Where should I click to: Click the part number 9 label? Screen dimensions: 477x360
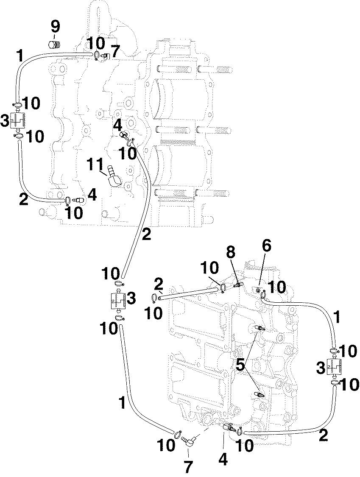[56, 27]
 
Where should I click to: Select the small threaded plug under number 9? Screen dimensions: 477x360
[54, 44]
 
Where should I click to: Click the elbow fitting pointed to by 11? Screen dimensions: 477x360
[114, 177]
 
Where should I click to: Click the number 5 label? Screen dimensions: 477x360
[240, 365]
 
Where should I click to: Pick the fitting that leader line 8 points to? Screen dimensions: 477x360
[237, 285]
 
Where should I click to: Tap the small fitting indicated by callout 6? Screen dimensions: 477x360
[258, 290]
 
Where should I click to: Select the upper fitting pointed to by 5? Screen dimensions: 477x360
[260, 328]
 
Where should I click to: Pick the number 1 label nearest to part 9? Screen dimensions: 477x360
[19, 56]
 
